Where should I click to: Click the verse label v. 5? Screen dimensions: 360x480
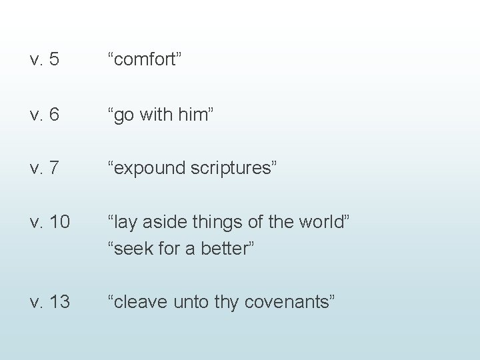[x=45, y=61]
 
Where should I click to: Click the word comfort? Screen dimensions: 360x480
[x=145, y=61]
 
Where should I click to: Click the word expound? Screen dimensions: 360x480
[x=149, y=168]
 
